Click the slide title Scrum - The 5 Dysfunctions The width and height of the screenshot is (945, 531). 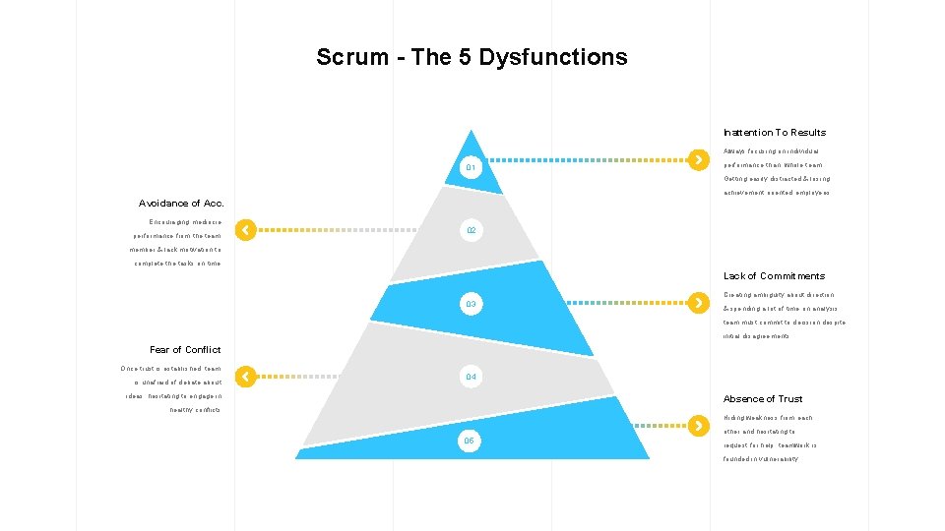tap(472, 57)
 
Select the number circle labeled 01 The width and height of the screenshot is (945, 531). tap(471, 168)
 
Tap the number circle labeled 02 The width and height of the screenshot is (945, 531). tap(472, 230)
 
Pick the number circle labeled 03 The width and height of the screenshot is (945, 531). tap(471, 304)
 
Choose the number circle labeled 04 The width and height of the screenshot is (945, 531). tap(471, 377)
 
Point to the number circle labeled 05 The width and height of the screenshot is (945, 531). tap(470, 441)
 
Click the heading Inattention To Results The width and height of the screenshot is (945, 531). tap(775, 133)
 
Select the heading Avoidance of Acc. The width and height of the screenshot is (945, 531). tap(181, 203)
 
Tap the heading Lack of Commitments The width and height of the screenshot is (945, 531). tap(774, 276)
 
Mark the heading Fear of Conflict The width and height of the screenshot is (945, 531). tap(185, 349)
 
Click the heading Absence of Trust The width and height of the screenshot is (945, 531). tap(763, 399)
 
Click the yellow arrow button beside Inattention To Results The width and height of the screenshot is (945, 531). tap(698, 158)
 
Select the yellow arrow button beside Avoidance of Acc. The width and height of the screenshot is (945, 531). tap(246, 230)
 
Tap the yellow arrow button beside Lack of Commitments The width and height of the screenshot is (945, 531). tap(698, 302)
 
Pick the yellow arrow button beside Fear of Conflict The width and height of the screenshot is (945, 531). tap(246, 376)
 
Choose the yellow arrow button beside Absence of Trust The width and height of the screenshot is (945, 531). tap(698, 426)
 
